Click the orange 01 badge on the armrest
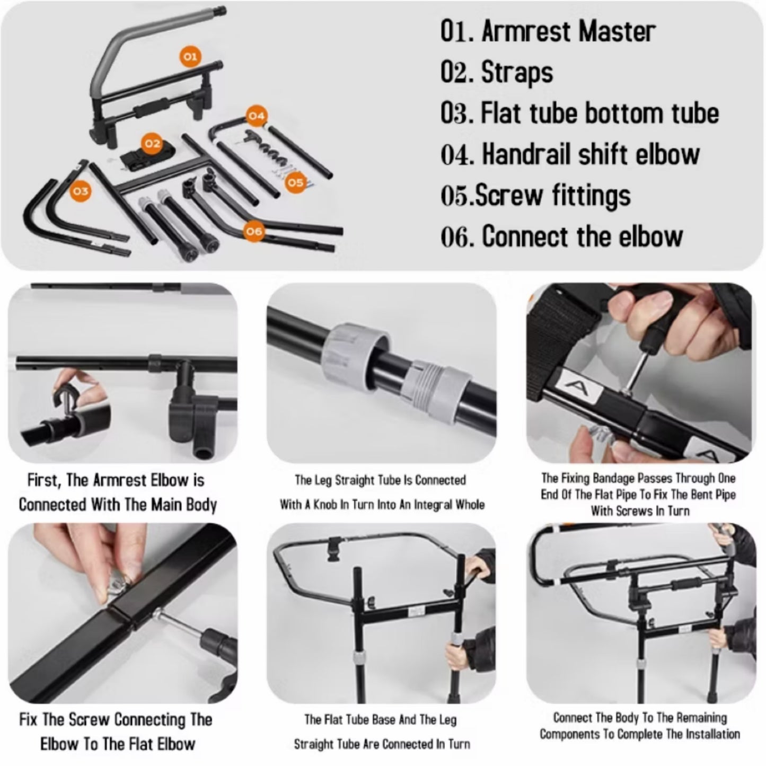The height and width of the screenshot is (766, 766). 190,56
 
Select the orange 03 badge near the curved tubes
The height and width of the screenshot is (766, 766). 80,191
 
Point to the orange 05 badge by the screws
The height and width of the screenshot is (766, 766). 296,182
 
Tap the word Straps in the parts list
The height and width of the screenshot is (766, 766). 517,73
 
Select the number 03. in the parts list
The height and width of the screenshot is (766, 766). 457,113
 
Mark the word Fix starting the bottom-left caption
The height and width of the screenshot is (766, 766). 28,719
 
